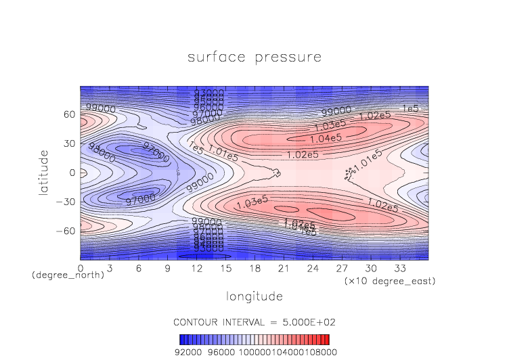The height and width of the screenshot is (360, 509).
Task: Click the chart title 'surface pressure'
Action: coord(255,57)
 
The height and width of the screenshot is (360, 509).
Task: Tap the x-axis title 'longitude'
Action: coord(255,296)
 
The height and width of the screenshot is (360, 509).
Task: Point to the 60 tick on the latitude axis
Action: coord(70,114)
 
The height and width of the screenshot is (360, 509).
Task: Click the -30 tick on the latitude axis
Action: coord(67,202)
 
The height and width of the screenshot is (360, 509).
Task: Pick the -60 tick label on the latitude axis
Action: coord(67,231)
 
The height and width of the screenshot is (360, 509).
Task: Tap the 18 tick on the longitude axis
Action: coord(255,268)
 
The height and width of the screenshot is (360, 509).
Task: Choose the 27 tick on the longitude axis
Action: coord(342,268)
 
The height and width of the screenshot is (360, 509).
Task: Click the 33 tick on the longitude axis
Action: coord(401,268)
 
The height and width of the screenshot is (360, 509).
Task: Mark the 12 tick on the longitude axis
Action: coord(197,268)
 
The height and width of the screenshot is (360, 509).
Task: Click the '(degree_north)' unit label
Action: coord(68,276)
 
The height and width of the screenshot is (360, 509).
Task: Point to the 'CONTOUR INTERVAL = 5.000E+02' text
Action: coord(255,321)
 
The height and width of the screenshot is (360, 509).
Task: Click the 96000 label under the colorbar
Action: coord(221,352)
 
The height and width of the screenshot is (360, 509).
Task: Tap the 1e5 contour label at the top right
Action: coord(411,108)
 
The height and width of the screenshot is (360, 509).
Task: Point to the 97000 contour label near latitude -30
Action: coord(140,199)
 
